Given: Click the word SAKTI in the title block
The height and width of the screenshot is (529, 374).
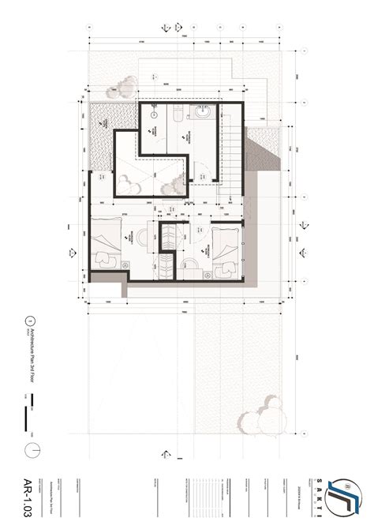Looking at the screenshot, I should pos(322,497).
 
